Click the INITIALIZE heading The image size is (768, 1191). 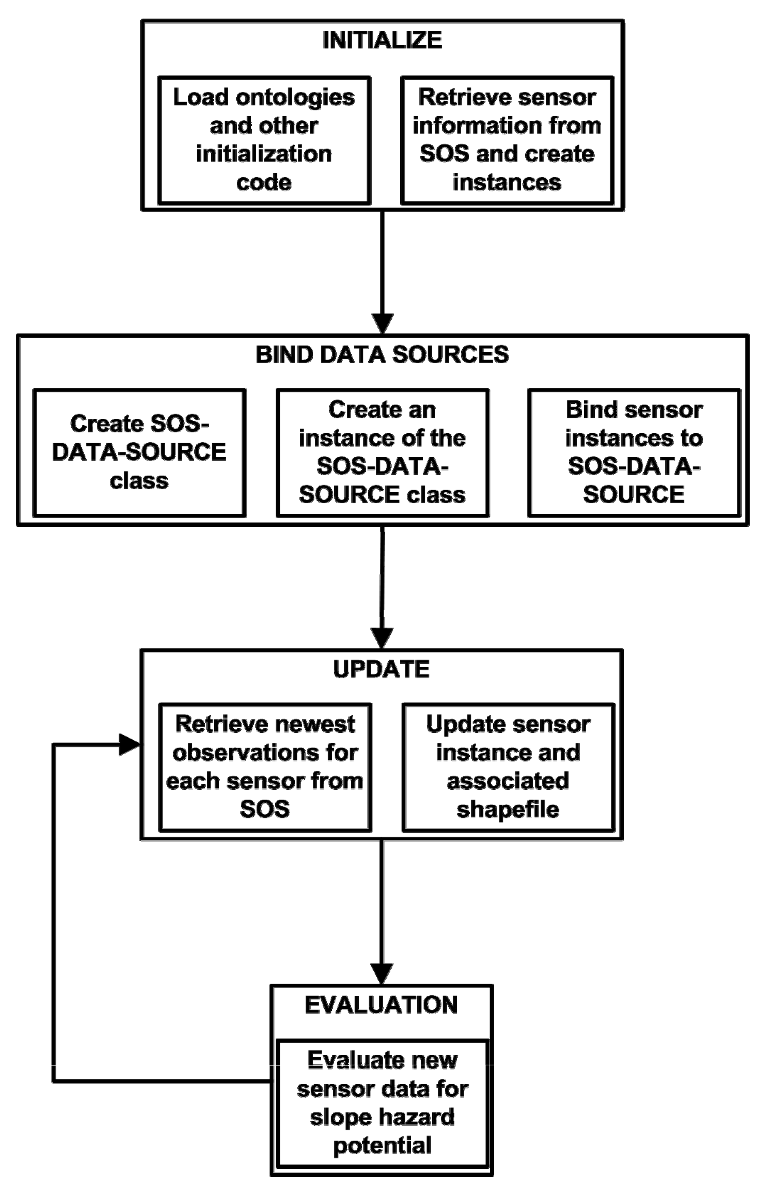382,40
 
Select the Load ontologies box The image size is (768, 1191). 264,140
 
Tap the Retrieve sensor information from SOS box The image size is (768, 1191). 507,140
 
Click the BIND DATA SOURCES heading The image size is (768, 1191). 382,355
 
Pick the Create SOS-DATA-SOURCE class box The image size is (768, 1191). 139,452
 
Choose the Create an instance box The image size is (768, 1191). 382,452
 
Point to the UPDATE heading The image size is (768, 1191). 381,669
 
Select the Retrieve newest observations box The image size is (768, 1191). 265,767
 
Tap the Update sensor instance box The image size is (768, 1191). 508,767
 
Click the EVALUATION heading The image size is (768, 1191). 381,1005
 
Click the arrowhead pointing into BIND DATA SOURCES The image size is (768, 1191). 382,323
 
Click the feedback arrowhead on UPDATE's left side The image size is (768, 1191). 130,745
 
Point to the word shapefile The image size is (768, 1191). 508,809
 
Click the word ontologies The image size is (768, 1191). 295,97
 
